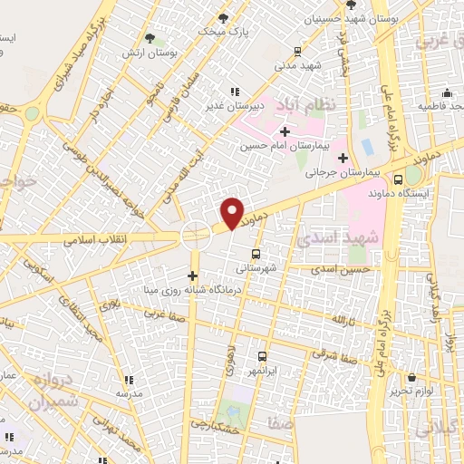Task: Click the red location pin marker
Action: (233, 213)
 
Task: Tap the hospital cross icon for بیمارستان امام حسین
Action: (285, 132)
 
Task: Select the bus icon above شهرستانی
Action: (256, 255)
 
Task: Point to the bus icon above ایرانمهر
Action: (262, 356)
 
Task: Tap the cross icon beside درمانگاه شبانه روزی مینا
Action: (192, 275)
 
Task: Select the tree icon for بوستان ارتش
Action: (150, 38)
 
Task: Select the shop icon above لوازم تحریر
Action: (412, 376)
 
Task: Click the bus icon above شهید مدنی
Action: (298, 52)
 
